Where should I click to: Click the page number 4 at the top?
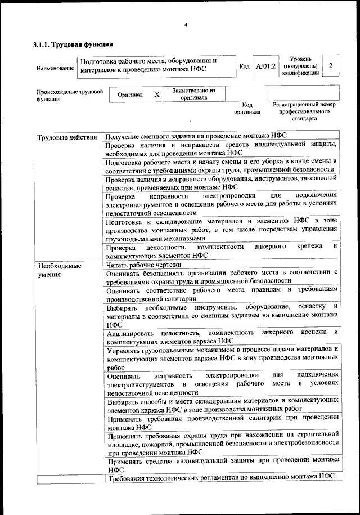tap(186, 24)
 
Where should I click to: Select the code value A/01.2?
tap(264, 66)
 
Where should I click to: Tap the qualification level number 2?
tap(331, 66)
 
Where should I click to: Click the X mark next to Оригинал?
tap(157, 95)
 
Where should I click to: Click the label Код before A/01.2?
tap(245, 67)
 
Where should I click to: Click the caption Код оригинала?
tap(247, 108)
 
